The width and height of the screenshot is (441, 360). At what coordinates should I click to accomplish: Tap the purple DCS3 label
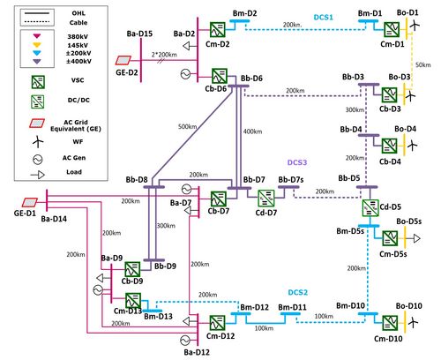coord(295,162)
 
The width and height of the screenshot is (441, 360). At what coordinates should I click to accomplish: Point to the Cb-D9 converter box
coord(134,268)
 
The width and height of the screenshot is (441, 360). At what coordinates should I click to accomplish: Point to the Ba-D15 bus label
coord(138,33)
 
